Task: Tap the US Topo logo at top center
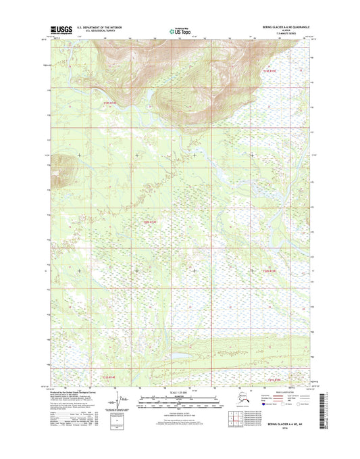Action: [x=180, y=30]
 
